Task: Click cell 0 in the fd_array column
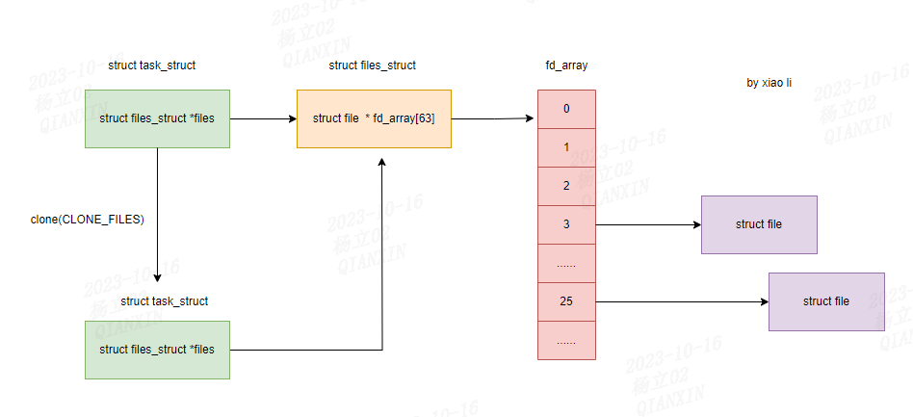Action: click(566, 109)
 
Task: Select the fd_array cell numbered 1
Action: click(566, 147)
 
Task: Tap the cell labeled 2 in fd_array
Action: click(566, 186)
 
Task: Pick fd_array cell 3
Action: click(566, 224)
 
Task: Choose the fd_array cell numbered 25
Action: click(566, 301)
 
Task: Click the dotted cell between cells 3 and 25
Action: click(566, 263)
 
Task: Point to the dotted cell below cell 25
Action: click(566, 340)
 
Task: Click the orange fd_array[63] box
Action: click(374, 118)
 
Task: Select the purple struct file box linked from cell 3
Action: click(759, 224)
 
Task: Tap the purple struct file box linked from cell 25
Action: click(826, 301)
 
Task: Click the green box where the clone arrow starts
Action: click(157, 118)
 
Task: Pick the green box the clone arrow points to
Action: click(157, 349)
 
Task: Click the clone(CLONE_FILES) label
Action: click(88, 220)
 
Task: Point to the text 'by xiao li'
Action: click(769, 83)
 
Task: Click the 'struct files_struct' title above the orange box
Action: click(373, 65)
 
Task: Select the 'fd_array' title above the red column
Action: click(566, 65)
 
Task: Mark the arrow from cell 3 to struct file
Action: click(648, 225)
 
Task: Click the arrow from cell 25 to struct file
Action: click(682, 302)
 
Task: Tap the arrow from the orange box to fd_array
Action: click(493, 119)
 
